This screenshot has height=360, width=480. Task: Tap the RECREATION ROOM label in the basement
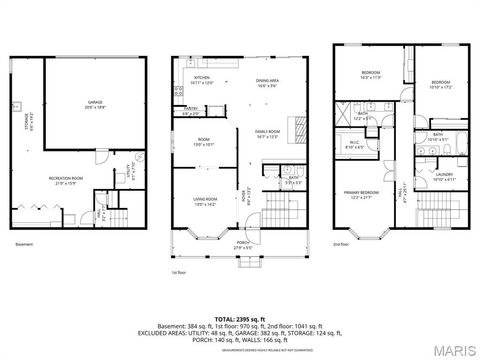tap(65, 180)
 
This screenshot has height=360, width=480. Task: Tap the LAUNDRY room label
tap(445, 178)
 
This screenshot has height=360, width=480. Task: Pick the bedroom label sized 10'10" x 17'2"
tap(442, 84)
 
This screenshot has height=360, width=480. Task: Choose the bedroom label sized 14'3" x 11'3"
tap(370, 74)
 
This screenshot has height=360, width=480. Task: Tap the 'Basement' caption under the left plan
tap(24, 243)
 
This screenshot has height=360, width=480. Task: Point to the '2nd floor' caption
tap(342, 243)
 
